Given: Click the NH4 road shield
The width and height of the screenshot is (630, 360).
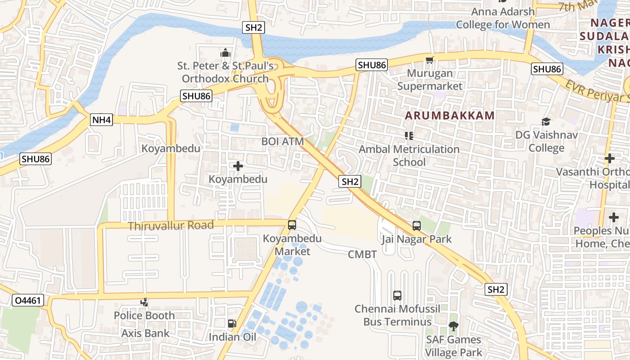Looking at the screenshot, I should pyautogui.click(x=102, y=120).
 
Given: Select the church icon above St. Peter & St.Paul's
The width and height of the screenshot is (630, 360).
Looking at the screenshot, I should pyautogui.click(x=225, y=53).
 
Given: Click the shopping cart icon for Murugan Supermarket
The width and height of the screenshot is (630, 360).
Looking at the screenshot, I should pyautogui.click(x=430, y=60).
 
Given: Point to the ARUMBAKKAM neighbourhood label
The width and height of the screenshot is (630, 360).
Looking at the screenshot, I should pyautogui.click(x=450, y=115).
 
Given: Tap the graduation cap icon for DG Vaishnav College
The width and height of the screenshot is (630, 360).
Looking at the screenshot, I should pyautogui.click(x=546, y=121).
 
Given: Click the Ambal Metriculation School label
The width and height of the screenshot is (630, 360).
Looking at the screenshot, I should pyautogui.click(x=409, y=155).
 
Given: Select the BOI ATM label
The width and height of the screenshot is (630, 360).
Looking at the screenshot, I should pyautogui.click(x=283, y=141).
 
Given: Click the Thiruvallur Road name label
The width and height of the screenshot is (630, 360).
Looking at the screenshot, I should pyautogui.click(x=171, y=225).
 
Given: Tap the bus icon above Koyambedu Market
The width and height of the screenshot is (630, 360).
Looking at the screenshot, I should pyautogui.click(x=292, y=224).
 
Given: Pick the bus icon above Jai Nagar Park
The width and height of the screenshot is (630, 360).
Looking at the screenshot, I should pyautogui.click(x=417, y=226).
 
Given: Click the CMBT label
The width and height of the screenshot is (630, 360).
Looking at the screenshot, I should pyautogui.click(x=362, y=254).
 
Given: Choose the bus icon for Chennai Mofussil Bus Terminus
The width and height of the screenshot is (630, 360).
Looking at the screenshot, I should pyautogui.click(x=397, y=296).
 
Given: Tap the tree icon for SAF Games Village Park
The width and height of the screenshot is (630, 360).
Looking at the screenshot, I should pyautogui.click(x=453, y=326).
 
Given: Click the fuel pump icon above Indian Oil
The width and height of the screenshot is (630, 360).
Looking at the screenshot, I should pyautogui.click(x=232, y=324).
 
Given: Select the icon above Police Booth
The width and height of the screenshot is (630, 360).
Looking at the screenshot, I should pyautogui.click(x=144, y=302).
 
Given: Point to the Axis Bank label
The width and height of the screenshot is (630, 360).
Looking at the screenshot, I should pyautogui.click(x=145, y=333).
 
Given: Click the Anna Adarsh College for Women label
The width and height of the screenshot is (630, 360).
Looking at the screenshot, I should pyautogui.click(x=503, y=18).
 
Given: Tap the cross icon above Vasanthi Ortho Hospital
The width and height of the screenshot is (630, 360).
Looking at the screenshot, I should pyautogui.click(x=609, y=158).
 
